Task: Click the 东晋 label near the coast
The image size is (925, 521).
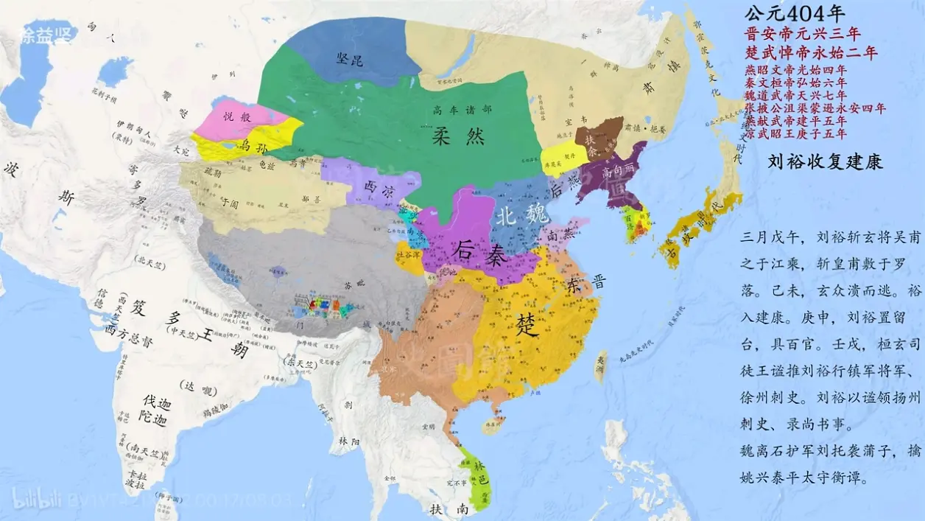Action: [587, 284]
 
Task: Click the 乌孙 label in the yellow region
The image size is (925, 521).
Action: [253, 145]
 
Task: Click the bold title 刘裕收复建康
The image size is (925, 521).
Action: [824, 161]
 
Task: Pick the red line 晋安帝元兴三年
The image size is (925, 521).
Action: [803, 33]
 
